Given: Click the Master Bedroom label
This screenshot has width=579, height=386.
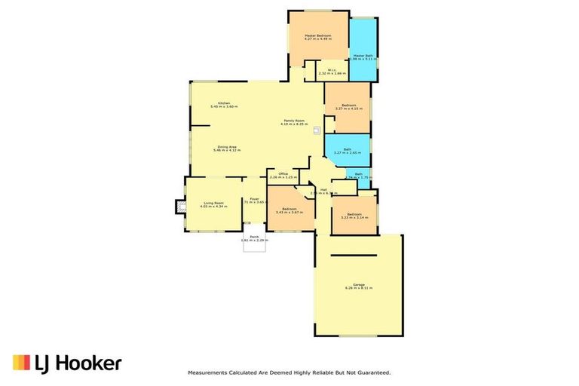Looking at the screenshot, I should tap(318, 35).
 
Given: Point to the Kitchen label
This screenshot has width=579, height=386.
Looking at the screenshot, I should tap(224, 103).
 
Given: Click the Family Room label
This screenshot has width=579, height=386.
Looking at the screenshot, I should tap(293, 121).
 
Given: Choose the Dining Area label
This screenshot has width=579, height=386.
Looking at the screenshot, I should tap(223, 147).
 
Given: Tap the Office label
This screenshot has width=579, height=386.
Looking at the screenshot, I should tap(283, 173).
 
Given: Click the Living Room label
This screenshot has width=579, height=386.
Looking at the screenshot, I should tap(214, 203).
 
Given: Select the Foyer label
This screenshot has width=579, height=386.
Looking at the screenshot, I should tap(256, 199).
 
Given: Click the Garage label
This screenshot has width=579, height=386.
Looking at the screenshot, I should tap(359, 284).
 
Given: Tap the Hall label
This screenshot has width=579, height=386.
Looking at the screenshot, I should tap(323, 189).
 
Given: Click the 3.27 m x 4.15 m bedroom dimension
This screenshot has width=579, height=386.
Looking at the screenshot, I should tap(348, 109).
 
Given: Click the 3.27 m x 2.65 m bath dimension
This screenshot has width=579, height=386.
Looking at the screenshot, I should tap(348, 153).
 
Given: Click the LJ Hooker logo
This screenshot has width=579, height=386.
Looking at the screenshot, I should tap(67, 363).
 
